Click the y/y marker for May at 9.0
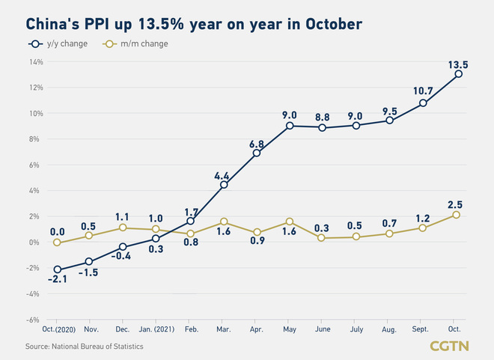(290, 126)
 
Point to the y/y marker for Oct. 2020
(57, 269)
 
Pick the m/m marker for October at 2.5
(457, 215)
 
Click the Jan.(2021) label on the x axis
(156, 329)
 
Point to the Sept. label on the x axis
(423, 329)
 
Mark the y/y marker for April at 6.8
(257, 153)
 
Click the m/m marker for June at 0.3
(322, 238)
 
